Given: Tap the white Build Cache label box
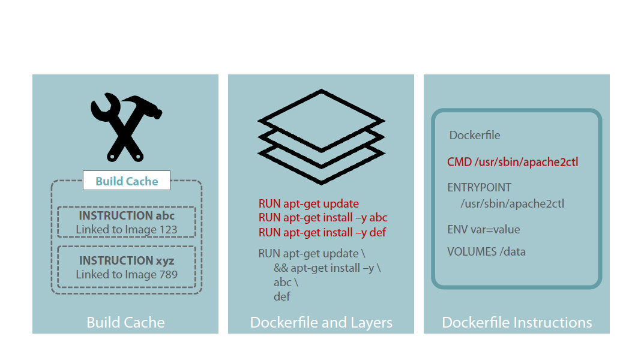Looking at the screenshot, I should pyautogui.click(x=127, y=181).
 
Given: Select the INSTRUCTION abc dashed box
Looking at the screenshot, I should pyautogui.click(x=127, y=222).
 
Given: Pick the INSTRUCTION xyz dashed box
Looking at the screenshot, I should pyautogui.click(x=127, y=268).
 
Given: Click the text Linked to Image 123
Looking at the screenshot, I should pyautogui.click(x=127, y=230).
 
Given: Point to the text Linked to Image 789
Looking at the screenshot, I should pyautogui.click(x=127, y=275).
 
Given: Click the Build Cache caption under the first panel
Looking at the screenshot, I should pyautogui.click(x=125, y=322).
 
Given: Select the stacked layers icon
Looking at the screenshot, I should pyautogui.click(x=321, y=136).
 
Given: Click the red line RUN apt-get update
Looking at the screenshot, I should pyautogui.click(x=308, y=204).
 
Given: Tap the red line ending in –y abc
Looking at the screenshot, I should pyautogui.click(x=323, y=218).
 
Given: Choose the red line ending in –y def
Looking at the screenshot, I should pyautogui.click(x=322, y=232).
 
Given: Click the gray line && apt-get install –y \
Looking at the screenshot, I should pyautogui.click(x=327, y=268).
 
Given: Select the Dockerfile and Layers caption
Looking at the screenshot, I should pyautogui.click(x=321, y=322).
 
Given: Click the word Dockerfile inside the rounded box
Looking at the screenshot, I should pyautogui.click(x=475, y=136).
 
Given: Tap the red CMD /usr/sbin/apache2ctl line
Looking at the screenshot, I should pyautogui.click(x=513, y=162).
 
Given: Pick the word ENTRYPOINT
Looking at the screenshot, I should pyautogui.click(x=479, y=188).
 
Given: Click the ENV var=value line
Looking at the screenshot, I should pyautogui.click(x=483, y=230).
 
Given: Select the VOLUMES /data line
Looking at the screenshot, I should pyautogui.click(x=486, y=252).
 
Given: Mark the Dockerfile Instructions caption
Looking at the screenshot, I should pyautogui.click(x=517, y=322).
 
